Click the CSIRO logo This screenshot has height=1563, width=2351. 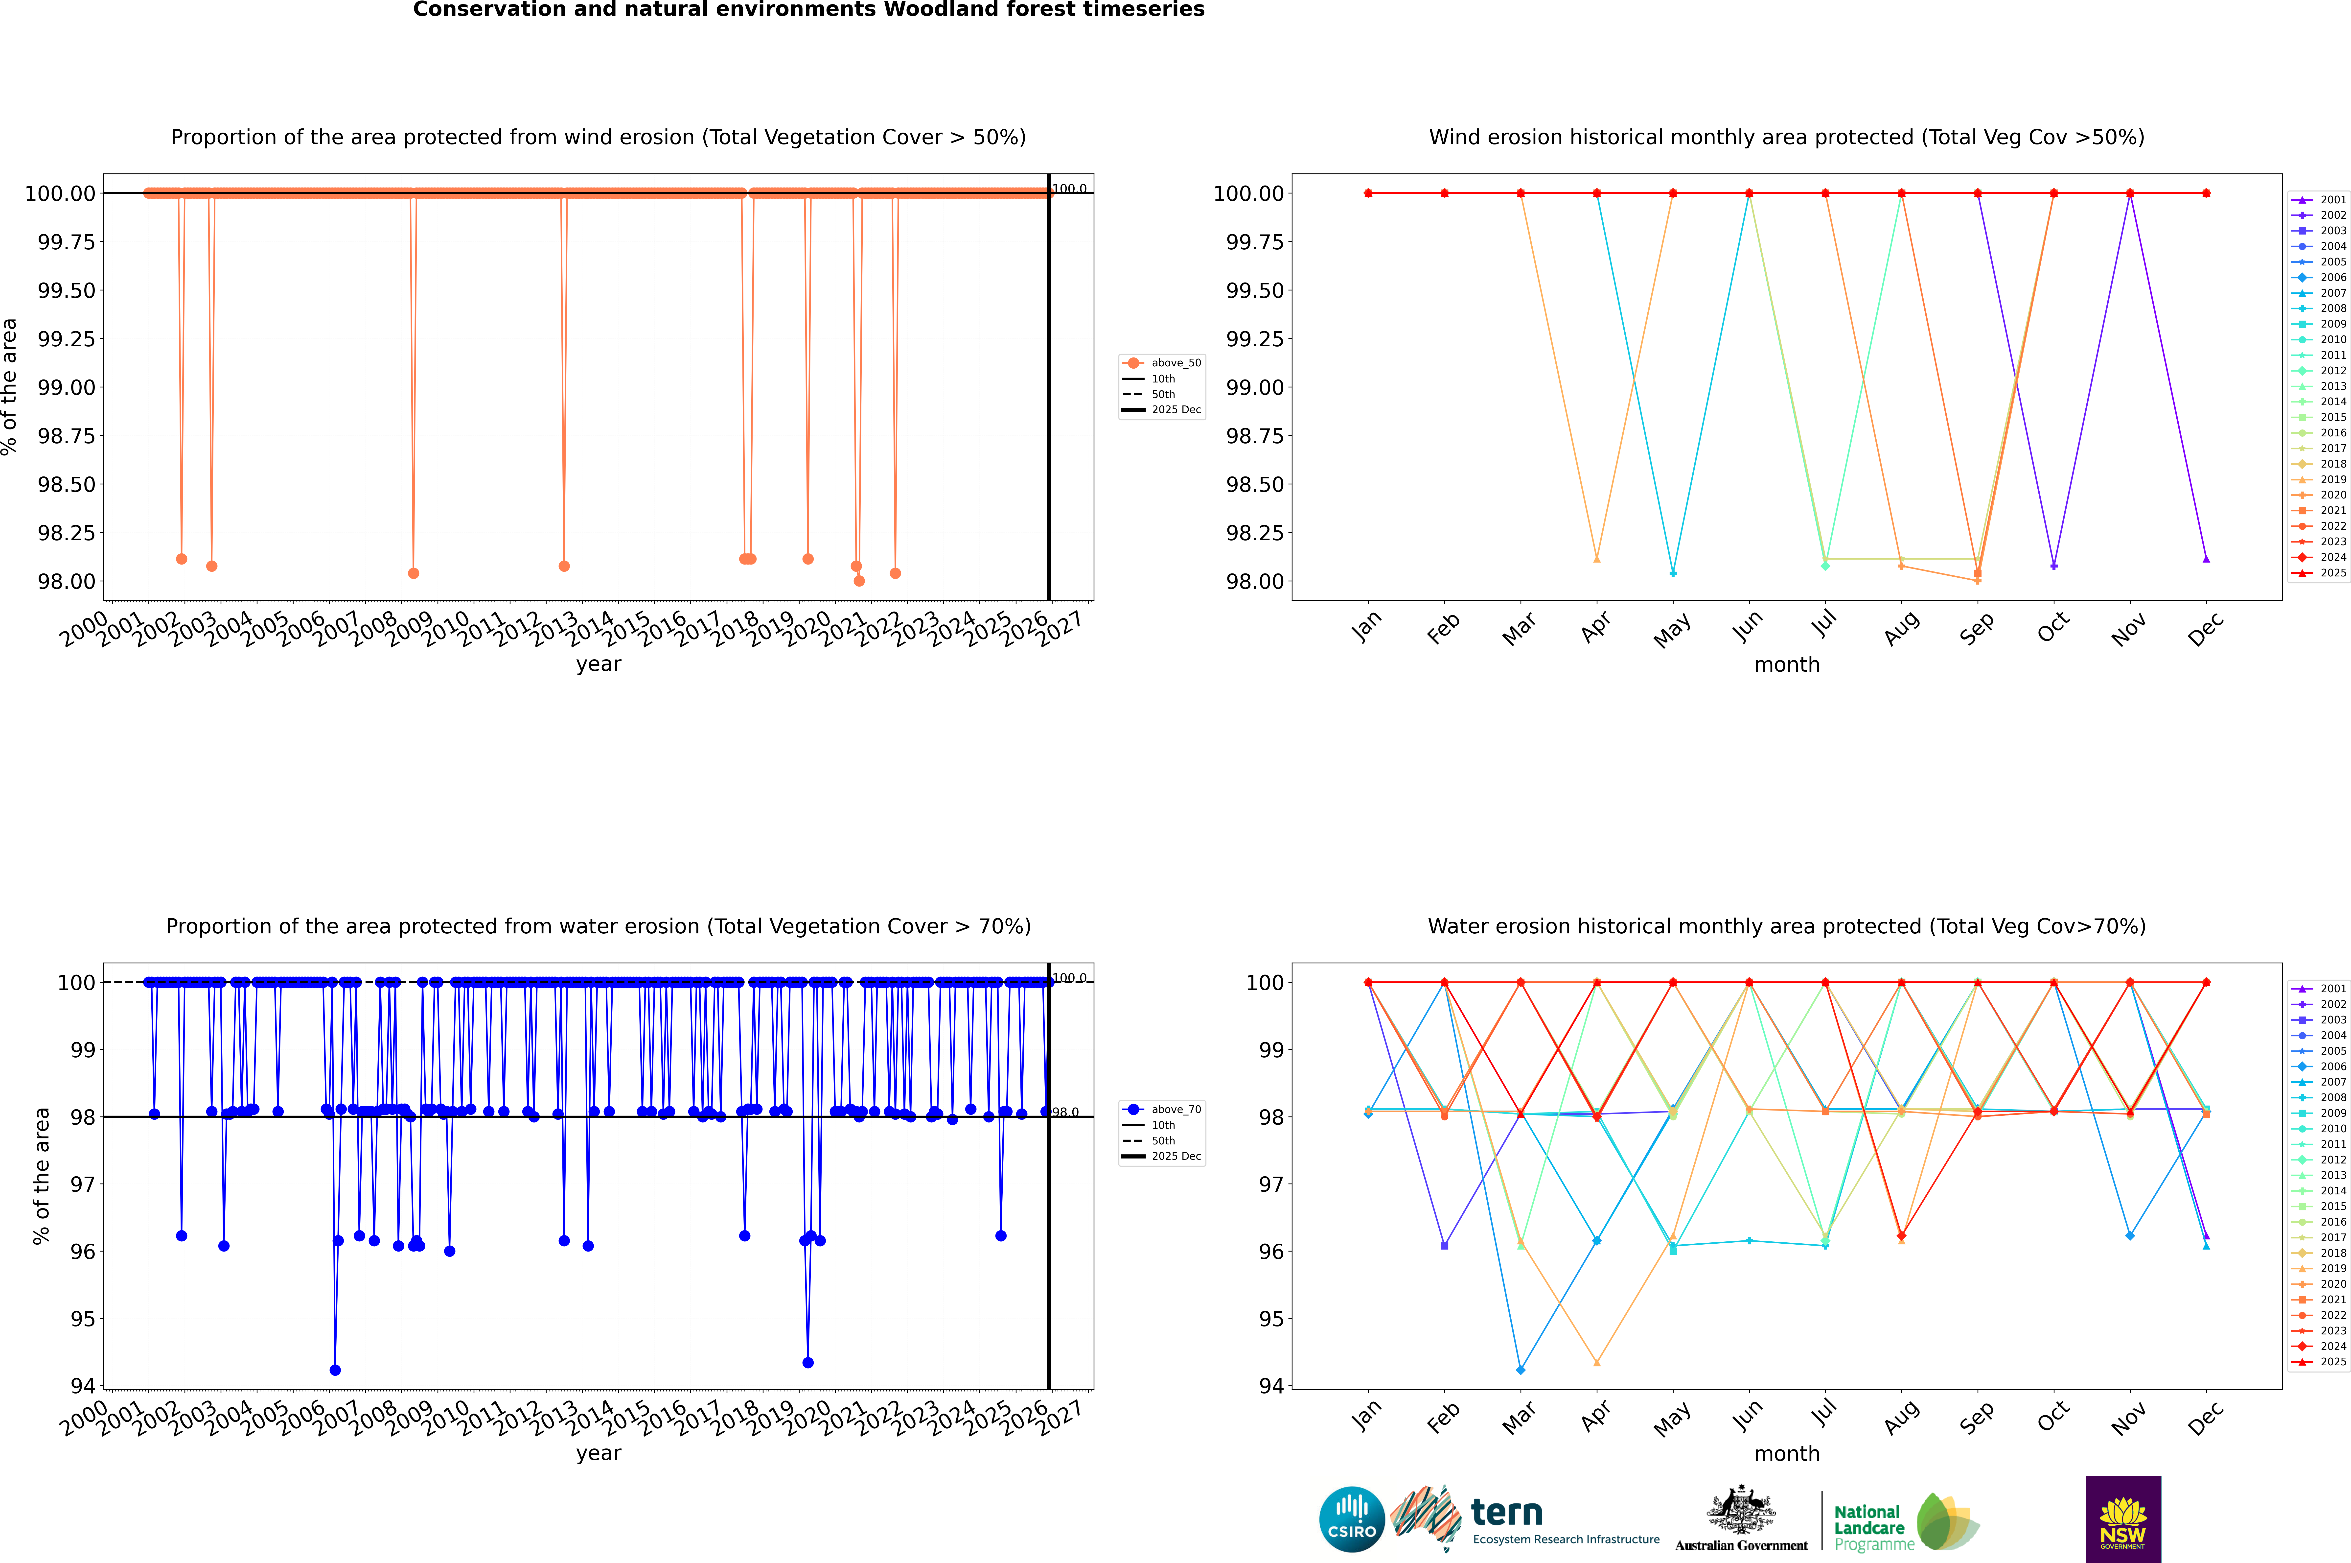(1351, 1519)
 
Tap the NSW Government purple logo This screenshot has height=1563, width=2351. (2123, 1519)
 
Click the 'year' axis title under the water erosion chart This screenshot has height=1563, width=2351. (598, 1453)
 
